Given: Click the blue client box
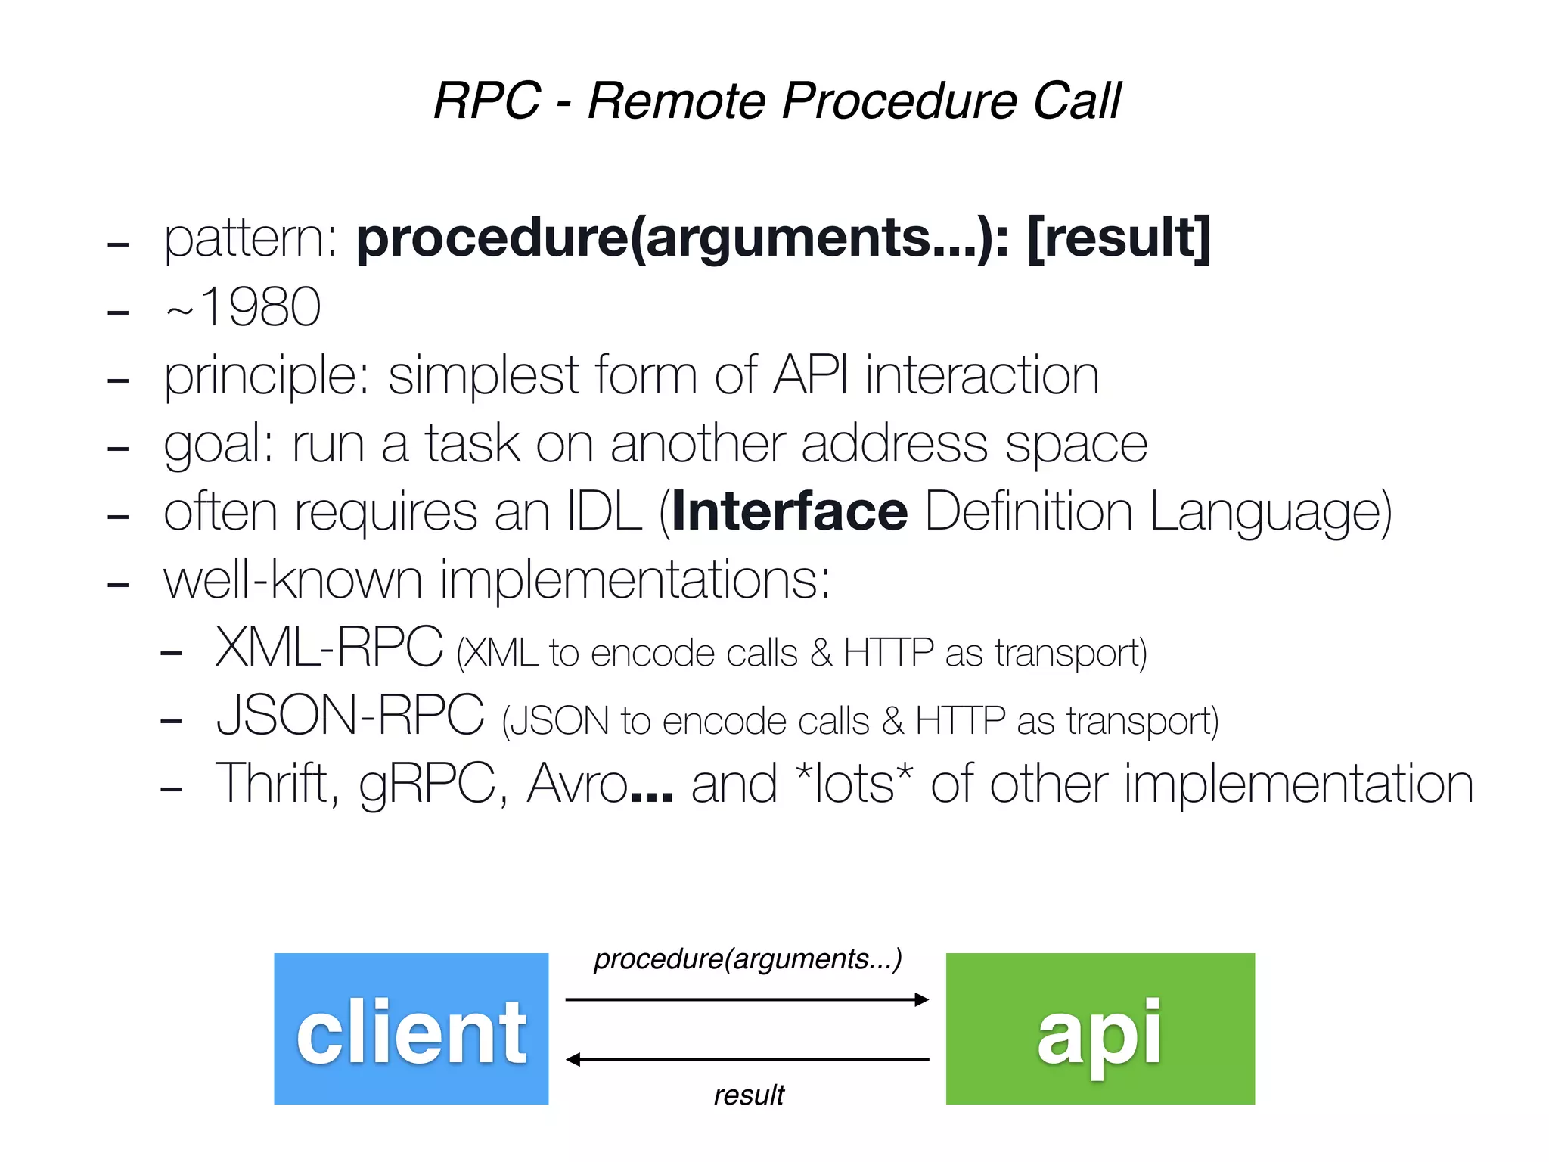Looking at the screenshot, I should point(411,1028).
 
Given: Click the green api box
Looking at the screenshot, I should point(1100,1028).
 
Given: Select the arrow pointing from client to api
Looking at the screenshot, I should point(747,999).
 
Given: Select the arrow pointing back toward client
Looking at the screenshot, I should point(747,1059).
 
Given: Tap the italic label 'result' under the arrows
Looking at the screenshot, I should point(749,1095).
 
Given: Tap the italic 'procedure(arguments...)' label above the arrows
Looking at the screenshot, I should point(747,959).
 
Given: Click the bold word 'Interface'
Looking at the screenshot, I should point(789,512).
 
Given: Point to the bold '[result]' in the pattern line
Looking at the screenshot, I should point(1119,238).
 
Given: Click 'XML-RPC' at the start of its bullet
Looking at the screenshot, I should point(329,648).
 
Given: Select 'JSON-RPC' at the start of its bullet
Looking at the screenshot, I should point(349,716).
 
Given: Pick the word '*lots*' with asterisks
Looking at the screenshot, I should point(854,784).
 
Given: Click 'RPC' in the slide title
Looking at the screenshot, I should point(488,101).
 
